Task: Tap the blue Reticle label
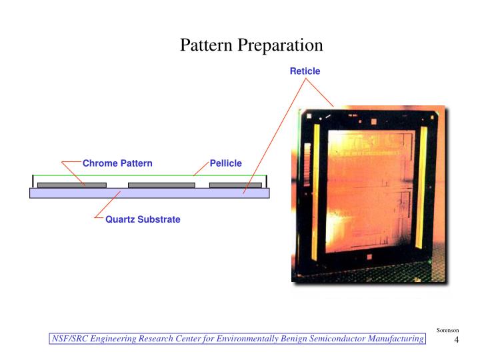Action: [x=305, y=71]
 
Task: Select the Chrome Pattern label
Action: [x=117, y=163]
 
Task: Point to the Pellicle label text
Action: [x=226, y=163]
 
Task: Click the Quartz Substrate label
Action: [x=143, y=219]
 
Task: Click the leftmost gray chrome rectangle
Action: [x=71, y=185]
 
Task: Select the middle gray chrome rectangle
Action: [x=161, y=185]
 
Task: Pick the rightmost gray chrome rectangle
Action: [x=235, y=185]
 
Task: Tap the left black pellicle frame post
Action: [x=33, y=181]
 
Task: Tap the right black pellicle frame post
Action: [x=267, y=181]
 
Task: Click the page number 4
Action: [x=457, y=341]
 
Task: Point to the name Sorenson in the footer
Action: [x=447, y=331]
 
